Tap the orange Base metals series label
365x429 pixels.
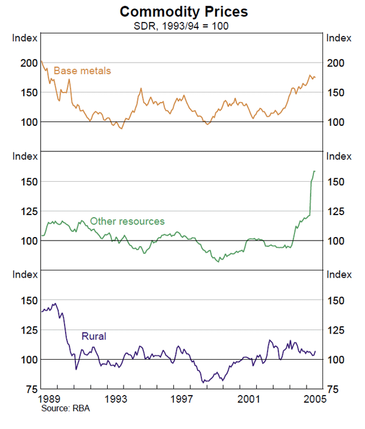coord(82,71)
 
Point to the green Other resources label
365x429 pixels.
coord(127,221)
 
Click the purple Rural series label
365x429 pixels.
coord(94,336)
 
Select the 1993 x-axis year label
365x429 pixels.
coord(116,399)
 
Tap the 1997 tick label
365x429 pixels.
coord(182,399)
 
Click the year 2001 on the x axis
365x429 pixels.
coord(250,399)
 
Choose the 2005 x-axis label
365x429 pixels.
coord(315,399)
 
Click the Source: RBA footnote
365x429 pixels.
coord(66,409)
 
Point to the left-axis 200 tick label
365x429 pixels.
coord(30,63)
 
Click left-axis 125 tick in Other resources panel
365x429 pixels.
coord(30,211)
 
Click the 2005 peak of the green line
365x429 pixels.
coord(315,171)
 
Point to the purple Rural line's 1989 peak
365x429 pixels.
coord(55,303)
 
